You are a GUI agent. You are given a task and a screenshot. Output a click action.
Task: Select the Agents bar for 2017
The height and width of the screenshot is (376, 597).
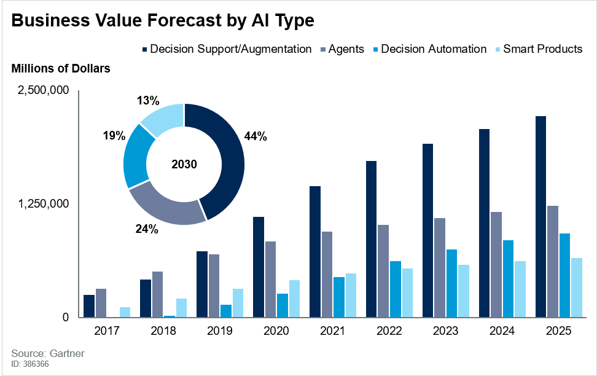tap(101, 303)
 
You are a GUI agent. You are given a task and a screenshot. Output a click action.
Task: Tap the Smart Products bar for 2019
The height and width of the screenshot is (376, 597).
tap(238, 303)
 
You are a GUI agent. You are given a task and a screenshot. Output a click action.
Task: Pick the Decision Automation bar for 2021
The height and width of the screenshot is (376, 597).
tap(338, 297)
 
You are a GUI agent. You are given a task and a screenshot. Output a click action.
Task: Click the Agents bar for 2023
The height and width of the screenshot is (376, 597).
tap(440, 267)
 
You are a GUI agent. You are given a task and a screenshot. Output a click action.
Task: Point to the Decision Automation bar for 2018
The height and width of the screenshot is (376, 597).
tap(169, 316)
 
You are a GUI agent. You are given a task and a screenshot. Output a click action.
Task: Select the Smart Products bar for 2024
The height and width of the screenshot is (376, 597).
tap(520, 289)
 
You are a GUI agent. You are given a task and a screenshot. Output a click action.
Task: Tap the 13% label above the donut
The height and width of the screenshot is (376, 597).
tap(148, 100)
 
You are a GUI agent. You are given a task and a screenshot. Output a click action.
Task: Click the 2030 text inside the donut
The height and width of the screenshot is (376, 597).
tap(184, 165)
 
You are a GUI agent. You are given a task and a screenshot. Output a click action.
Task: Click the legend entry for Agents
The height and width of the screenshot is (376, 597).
tap(346, 49)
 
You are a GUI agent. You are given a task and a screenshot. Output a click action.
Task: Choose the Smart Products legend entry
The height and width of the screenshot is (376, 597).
tap(542, 49)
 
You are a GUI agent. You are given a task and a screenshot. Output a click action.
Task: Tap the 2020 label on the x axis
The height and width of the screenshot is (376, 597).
tap(276, 331)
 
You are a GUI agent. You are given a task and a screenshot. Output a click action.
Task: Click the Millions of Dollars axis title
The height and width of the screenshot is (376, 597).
tap(61, 69)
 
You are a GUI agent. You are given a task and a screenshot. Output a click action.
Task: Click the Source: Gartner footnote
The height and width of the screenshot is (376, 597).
tap(48, 354)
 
